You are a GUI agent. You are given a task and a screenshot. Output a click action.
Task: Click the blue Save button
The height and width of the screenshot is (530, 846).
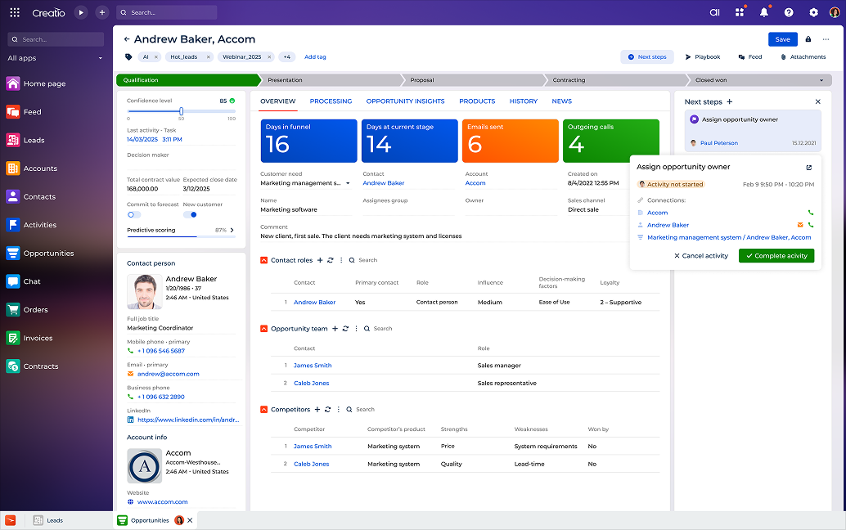pyautogui.click(x=782, y=39)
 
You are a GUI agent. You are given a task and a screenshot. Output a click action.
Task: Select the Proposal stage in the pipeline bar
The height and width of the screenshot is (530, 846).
pyautogui.click(x=422, y=80)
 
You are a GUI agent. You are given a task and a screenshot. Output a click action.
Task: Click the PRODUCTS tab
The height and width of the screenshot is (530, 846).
pyautogui.click(x=477, y=101)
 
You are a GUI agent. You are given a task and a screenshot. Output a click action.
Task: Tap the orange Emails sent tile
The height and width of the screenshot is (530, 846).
pyautogui.click(x=509, y=141)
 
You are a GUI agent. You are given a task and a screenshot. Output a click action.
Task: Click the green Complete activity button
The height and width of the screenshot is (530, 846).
pyautogui.click(x=776, y=256)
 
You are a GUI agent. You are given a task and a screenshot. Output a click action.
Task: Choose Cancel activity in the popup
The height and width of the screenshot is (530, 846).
pyautogui.click(x=700, y=256)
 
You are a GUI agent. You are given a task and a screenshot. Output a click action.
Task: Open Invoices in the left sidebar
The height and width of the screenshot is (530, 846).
pyautogui.click(x=38, y=338)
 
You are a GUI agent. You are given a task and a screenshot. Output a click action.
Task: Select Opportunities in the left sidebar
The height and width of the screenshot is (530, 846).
pyautogui.click(x=48, y=254)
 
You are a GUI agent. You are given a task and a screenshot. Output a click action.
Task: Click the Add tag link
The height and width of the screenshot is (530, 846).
pyautogui.click(x=315, y=57)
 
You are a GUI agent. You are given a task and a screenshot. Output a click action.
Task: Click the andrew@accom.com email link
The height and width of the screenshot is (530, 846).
pyautogui.click(x=168, y=374)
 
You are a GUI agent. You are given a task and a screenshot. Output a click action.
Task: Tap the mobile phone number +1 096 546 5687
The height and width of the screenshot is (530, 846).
pyautogui.click(x=161, y=351)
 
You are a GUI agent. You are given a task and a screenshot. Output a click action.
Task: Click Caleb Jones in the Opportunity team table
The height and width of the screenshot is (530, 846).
pyautogui.click(x=311, y=383)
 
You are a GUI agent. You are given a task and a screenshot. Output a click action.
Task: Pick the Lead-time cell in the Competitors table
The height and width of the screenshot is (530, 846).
pyautogui.click(x=529, y=464)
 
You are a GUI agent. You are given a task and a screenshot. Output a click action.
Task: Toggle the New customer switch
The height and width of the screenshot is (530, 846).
pyautogui.click(x=190, y=214)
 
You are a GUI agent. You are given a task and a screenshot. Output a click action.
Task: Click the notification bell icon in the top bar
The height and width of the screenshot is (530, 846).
pyautogui.click(x=764, y=12)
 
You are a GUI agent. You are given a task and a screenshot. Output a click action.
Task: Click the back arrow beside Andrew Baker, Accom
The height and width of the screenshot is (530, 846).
pyautogui.click(x=127, y=39)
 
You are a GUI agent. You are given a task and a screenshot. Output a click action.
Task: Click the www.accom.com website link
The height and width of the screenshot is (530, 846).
pyautogui.click(x=162, y=502)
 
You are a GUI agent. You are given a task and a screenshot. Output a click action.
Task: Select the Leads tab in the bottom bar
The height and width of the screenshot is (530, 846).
pyautogui.click(x=54, y=520)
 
